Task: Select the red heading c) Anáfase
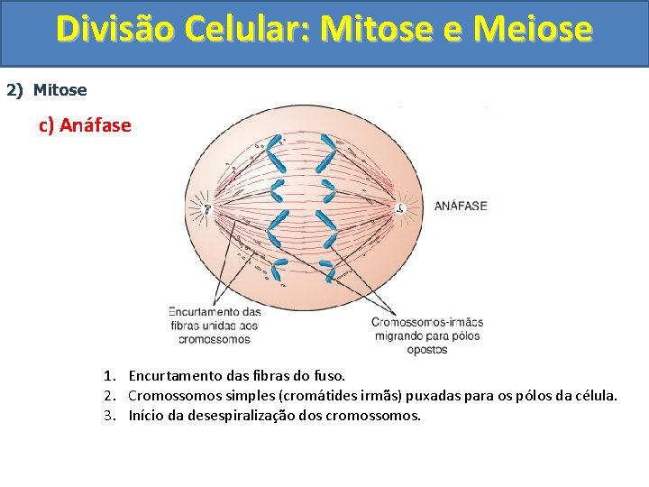85,125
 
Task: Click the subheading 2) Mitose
47,90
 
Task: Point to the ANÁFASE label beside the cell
461,206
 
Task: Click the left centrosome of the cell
207,208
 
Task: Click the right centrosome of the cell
401,208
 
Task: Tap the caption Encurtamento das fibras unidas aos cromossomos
215,326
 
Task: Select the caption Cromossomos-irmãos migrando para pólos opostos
427,335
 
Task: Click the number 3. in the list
109,416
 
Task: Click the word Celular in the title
255,29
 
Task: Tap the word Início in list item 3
146,416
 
